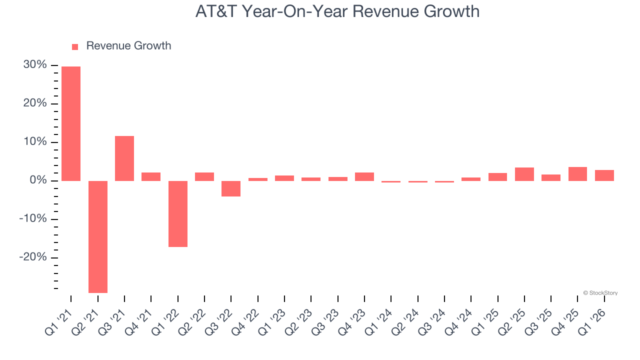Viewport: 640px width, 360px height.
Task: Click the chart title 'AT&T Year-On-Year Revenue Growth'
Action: [x=337, y=11]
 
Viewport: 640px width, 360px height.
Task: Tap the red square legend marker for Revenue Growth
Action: [x=75, y=46]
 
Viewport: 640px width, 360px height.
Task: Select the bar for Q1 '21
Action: [x=71, y=123]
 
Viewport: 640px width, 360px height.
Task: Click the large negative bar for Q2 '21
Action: [x=98, y=236]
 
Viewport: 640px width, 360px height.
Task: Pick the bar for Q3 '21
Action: [x=124, y=158]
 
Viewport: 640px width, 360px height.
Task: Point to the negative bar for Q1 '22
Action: [x=178, y=213]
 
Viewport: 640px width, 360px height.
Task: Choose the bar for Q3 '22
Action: [x=231, y=188]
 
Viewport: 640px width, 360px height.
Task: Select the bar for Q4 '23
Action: [x=364, y=176]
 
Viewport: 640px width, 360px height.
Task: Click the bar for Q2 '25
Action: [x=524, y=174]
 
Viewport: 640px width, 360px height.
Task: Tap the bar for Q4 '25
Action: [x=577, y=173]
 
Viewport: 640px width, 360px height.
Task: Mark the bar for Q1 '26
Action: [x=604, y=175]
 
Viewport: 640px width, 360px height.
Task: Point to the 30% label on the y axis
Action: [x=35, y=65]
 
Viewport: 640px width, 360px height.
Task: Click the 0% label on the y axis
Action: [x=38, y=180]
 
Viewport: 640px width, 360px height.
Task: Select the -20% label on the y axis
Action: [x=33, y=257]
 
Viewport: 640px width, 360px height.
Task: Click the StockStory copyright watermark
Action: [x=600, y=293]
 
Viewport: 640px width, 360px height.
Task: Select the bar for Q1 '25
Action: [x=497, y=176]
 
